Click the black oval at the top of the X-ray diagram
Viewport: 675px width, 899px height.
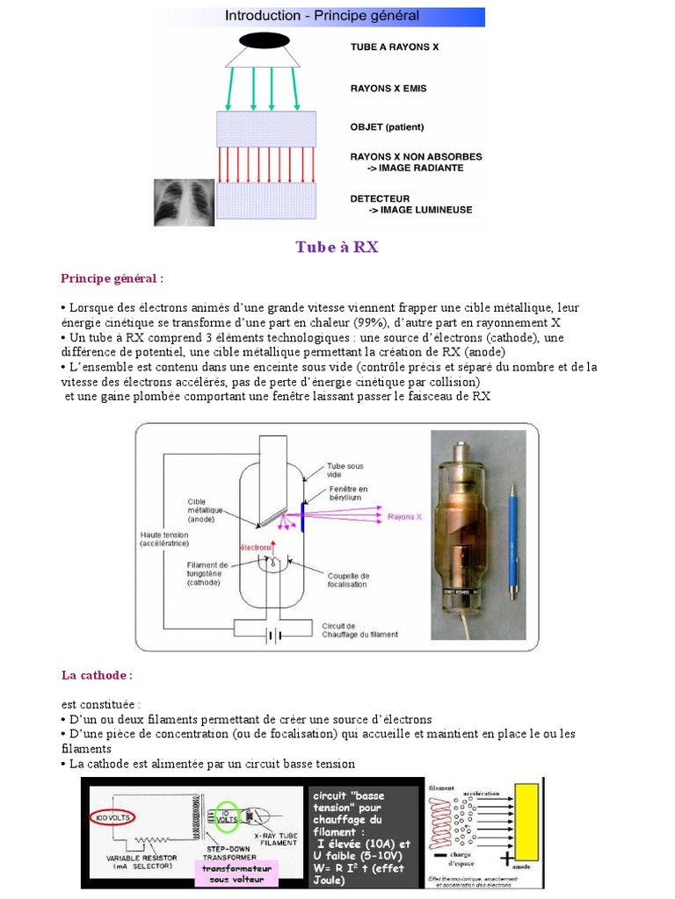pyautogui.click(x=264, y=40)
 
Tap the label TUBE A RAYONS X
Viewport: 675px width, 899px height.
pyautogui.click(x=394, y=47)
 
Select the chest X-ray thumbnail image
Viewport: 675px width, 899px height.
pyautogui.click(x=184, y=202)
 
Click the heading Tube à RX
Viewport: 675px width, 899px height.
pyautogui.click(x=337, y=247)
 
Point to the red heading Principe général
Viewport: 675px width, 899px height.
pyautogui.click(x=112, y=278)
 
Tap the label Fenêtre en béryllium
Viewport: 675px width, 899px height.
pyautogui.click(x=349, y=493)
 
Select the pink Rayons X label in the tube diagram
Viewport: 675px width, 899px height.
pyautogui.click(x=405, y=517)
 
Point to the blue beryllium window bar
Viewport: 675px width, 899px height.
pyautogui.click(x=303, y=518)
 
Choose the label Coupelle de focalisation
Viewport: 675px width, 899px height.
pyautogui.click(x=349, y=580)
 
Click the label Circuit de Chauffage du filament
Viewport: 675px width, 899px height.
pyautogui.click(x=359, y=629)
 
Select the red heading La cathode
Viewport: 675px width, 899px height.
pyautogui.click(x=97, y=675)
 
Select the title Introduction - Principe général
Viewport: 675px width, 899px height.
pyautogui.click(x=322, y=16)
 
